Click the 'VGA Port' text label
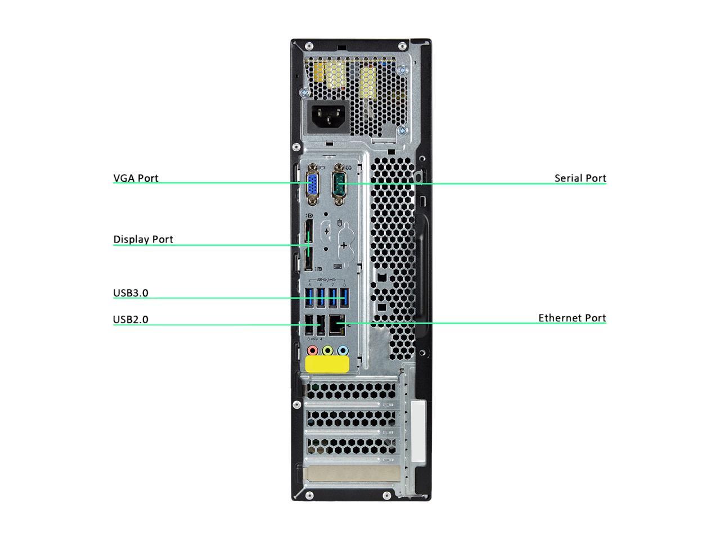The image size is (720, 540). (x=136, y=178)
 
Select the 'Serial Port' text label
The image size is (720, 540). (x=580, y=178)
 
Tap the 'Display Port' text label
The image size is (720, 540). (x=143, y=240)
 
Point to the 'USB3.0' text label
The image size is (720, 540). (x=130, y=293)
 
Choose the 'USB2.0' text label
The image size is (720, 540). (x=130, y=319)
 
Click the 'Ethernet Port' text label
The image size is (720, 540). (x=571, y=318)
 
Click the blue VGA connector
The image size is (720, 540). (x=310, y=184)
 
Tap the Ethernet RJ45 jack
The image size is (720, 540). (x=336, y=325)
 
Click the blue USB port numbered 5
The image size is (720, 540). (x=309, y=298)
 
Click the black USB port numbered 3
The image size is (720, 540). (x=309, y=325)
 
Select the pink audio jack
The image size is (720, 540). (x=313, y=351)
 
